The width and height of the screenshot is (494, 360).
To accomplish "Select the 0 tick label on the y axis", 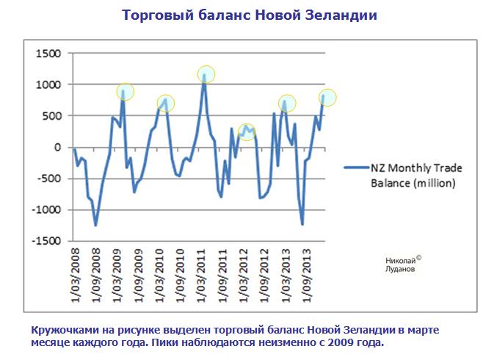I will (x=57, y=148).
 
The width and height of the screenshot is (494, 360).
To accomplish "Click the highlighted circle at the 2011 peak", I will (x=206, y=73).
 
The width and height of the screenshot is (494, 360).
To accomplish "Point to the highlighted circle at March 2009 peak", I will (x=126, y=91).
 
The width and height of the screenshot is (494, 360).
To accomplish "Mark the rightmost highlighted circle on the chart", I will (x=327, y=97).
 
